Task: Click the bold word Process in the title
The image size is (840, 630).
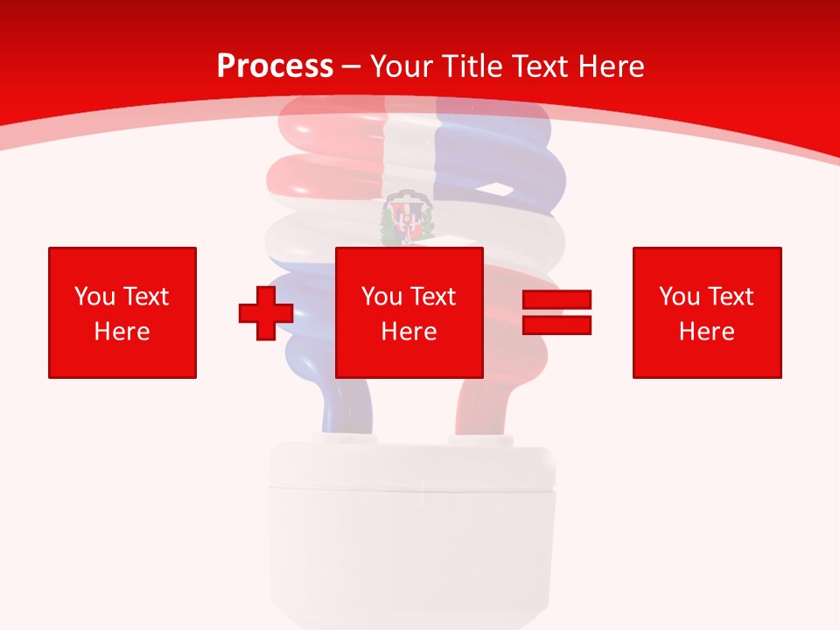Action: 275,66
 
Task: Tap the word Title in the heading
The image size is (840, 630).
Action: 470,66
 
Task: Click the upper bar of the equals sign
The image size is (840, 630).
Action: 556,300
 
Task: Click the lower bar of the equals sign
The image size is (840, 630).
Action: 556,325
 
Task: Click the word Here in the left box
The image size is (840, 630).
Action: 122,332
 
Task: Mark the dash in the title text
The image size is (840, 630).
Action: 352,66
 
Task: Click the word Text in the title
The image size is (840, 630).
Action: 535,66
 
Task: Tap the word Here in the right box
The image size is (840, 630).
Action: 706,332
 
